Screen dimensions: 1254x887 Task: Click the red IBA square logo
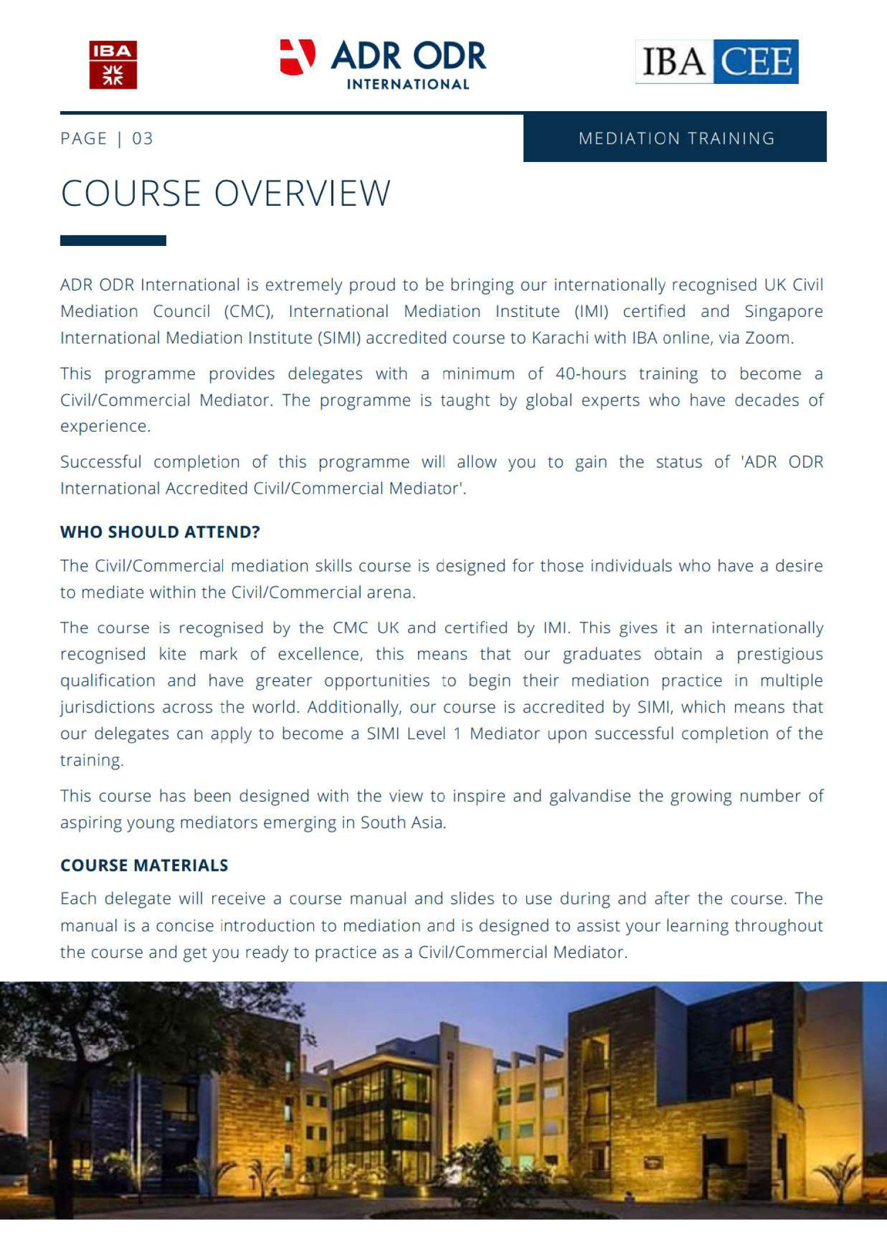click(113, 65)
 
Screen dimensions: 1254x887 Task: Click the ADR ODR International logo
click(383, 64)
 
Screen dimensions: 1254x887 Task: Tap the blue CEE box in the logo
click(756, 61)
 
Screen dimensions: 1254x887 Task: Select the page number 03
click(143, 138)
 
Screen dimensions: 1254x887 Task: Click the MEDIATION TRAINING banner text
click(676, 138)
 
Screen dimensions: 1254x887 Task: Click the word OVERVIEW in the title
click(302, 193)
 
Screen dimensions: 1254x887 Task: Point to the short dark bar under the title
click(113, 241)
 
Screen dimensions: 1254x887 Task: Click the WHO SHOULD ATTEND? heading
click(160, 532)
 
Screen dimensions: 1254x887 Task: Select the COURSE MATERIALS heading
click(144, 865)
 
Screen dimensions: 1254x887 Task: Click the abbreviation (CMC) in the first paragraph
click(248, 311)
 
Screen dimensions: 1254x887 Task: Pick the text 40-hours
click(590, 374)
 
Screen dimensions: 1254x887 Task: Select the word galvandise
click(590, 796)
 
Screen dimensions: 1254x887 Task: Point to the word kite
click(171, 654)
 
